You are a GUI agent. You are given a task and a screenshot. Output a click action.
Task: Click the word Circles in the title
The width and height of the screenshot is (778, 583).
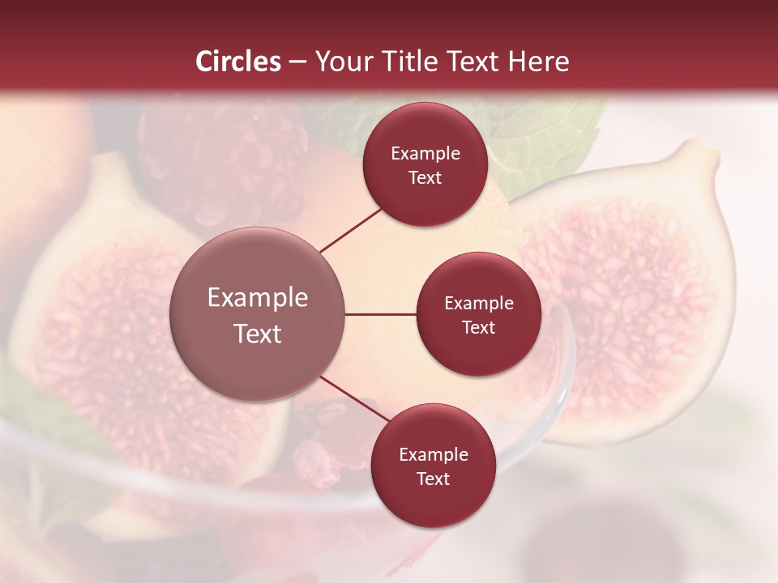237,62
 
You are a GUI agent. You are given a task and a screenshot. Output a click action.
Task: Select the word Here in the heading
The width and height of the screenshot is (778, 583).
536,62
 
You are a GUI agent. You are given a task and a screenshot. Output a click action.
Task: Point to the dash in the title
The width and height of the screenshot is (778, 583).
297,62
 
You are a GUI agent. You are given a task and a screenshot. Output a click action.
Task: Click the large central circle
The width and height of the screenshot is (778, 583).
258,314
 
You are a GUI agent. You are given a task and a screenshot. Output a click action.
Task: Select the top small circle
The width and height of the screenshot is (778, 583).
425,164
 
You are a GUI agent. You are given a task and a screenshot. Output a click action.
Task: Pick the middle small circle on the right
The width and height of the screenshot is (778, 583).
478,314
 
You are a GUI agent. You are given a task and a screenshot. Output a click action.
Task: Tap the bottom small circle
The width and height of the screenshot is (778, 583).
433,466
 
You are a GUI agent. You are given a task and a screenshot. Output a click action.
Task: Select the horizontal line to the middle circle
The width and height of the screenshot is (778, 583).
381,314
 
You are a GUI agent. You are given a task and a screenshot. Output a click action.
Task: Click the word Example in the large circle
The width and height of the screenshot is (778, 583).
258,297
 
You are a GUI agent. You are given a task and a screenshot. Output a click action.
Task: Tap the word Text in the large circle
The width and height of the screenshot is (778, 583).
258,334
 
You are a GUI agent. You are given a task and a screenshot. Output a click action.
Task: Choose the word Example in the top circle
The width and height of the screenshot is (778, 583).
425,153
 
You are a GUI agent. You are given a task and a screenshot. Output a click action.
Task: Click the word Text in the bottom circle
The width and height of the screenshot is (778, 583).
433,479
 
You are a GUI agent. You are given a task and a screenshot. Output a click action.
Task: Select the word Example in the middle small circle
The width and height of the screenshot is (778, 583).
479,303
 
